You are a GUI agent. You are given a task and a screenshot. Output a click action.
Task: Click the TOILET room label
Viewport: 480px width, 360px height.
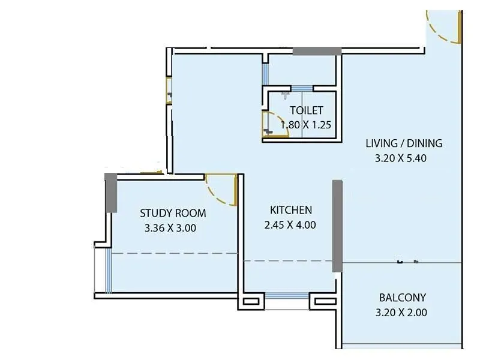(x=307, y=110)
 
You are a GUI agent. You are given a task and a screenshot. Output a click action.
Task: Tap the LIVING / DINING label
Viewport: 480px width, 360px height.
(x=404, y=143)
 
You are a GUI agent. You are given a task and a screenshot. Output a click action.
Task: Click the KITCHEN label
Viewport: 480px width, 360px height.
(x=291, y=210)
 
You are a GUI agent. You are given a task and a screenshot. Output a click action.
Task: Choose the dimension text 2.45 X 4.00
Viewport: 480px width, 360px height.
(x=290, y=226)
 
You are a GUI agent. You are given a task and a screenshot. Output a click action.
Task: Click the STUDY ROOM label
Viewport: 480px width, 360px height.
(x=173, y=213)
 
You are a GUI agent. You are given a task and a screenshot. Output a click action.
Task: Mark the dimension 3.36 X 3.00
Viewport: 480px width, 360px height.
(x=170, y=228)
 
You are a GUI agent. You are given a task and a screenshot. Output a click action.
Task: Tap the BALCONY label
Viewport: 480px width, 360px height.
(x=403, y=298)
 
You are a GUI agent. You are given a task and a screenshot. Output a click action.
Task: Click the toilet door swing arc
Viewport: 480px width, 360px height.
(x=274, y=123)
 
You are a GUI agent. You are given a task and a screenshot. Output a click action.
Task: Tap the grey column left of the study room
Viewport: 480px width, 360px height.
(x=110, y=192)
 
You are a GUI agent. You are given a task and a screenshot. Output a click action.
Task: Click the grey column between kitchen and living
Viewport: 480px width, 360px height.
(x=337, y=225)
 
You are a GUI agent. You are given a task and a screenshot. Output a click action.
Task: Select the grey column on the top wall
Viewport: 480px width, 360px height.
(x=317, y=51)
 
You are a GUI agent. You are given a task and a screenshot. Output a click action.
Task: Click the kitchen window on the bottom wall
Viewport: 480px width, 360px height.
(x=286, y=295)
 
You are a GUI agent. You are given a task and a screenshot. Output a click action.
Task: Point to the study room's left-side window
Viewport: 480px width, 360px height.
(x=108, y=271)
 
